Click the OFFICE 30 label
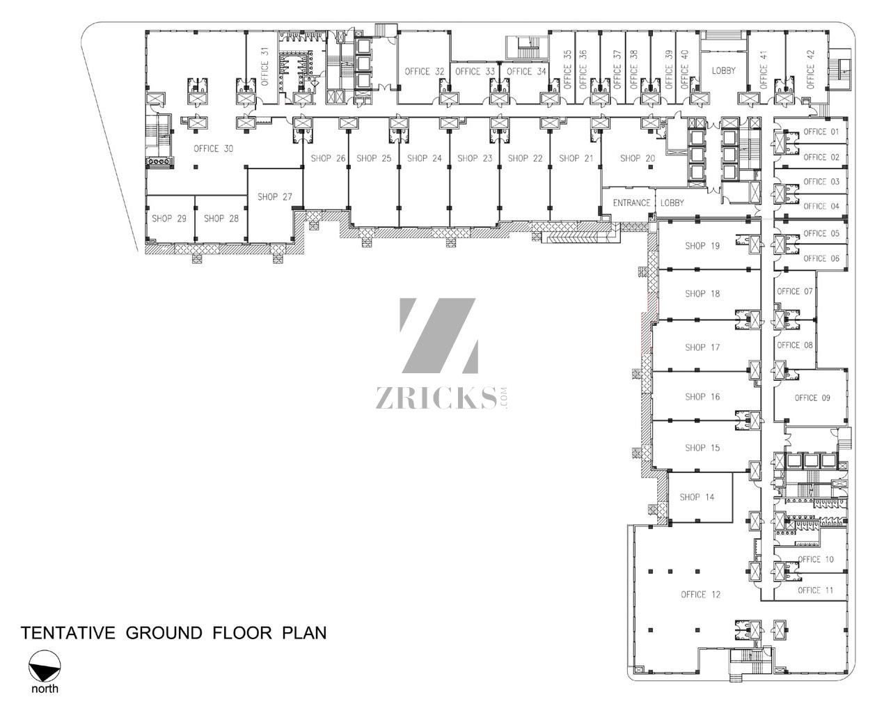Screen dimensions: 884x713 213,149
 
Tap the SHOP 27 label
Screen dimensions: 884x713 275,197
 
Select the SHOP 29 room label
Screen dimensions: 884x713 169,219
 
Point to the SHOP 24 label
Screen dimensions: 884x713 425,158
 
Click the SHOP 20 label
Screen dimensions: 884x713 638,158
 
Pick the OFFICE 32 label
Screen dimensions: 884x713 425,72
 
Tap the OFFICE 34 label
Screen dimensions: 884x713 526,72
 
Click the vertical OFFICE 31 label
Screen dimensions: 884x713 265,67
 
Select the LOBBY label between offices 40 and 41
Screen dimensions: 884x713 723,71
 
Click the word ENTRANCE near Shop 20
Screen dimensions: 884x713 631,203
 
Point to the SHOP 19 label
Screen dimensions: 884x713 702,246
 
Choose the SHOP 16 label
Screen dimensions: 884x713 702,397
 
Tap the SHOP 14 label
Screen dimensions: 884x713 697,498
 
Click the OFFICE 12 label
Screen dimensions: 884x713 701,595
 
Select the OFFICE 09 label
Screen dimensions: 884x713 812,398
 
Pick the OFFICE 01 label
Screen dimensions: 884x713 821,132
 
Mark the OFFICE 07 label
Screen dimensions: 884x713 795,292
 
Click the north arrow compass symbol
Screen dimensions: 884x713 45,666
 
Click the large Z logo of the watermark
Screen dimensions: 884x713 439,336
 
